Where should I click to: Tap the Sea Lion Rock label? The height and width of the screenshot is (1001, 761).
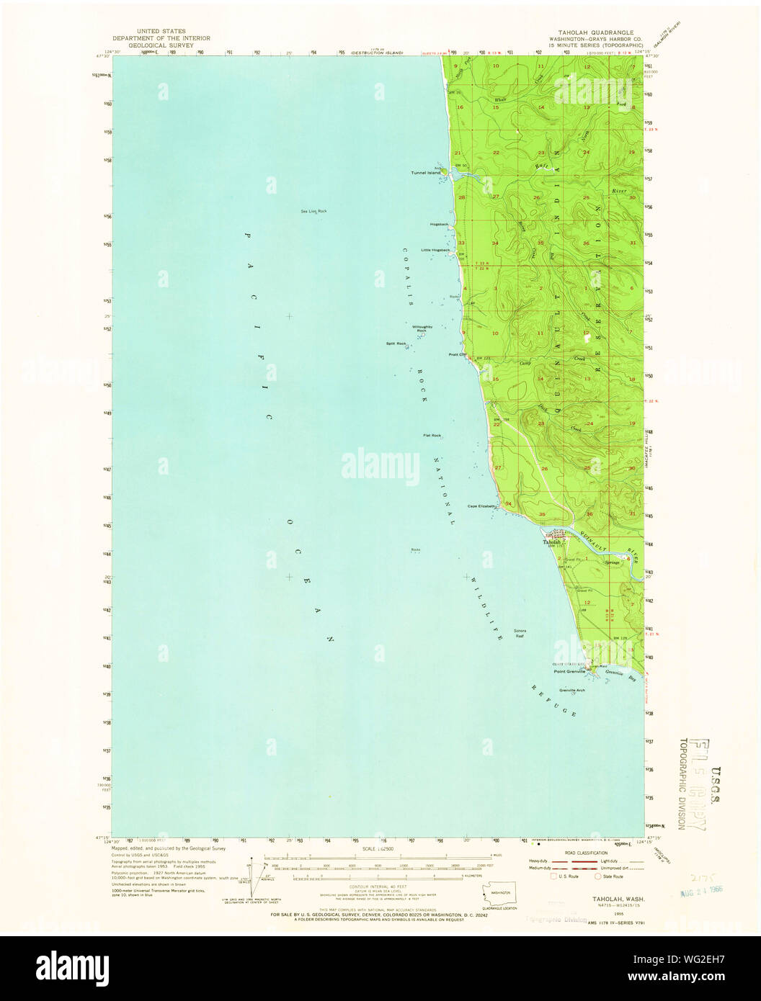point(313,211)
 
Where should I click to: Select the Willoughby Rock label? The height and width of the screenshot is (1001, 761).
point(422,328)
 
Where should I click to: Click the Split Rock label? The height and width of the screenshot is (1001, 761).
point(396,343)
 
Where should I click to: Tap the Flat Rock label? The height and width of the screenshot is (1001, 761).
point(432,436)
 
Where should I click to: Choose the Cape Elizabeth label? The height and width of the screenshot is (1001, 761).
point(482,506)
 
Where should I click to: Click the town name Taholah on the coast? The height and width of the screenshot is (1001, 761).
point(552,542)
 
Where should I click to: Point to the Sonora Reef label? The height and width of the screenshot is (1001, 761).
point(520,633)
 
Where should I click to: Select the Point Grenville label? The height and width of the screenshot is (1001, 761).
point(569,672)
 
